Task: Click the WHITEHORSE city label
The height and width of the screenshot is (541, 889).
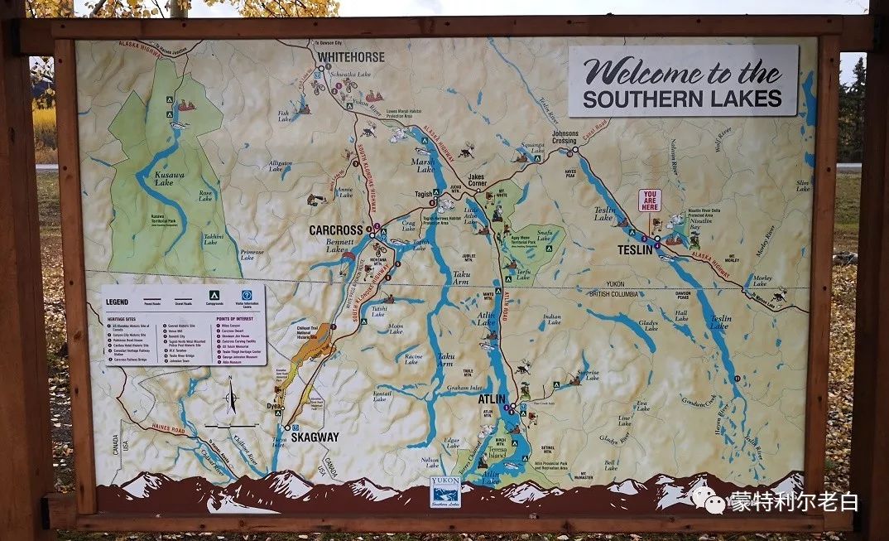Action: [349, 57]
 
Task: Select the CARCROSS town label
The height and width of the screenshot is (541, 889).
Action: [336, 230]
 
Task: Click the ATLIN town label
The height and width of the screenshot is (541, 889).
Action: [491, 399]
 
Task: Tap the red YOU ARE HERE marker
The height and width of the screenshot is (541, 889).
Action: [649, 200]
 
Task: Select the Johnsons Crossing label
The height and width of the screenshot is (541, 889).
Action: [565, 137]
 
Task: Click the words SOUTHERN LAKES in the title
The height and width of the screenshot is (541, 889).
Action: [682, 99]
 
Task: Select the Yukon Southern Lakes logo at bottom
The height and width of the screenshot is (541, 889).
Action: [444, 492]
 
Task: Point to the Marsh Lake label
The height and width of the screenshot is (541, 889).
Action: [424, 166]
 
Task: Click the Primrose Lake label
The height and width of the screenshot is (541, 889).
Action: [252, 254]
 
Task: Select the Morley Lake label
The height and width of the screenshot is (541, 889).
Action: [762, 281]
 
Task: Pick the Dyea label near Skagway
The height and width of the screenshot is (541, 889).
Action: [275, 406]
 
